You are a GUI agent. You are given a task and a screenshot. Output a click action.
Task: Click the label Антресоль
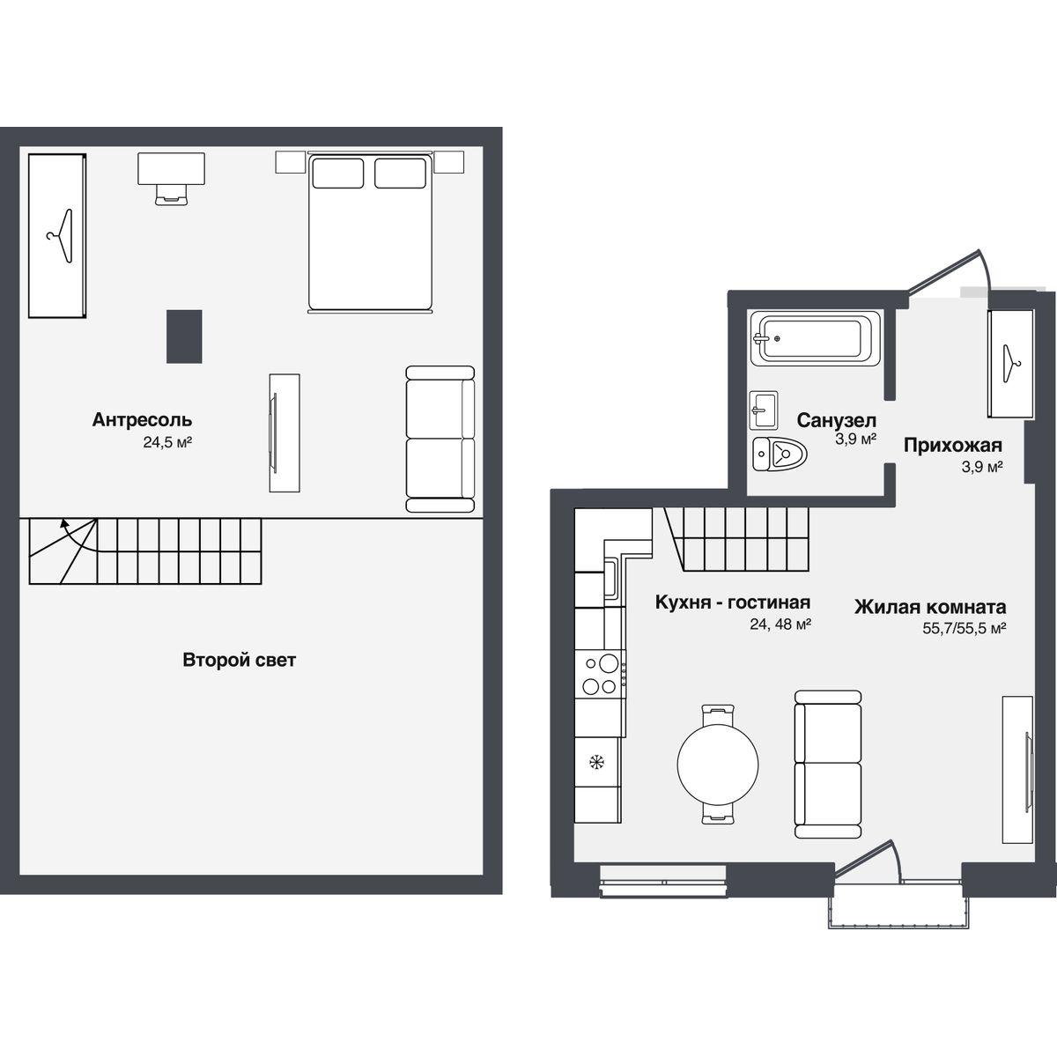point(142,420)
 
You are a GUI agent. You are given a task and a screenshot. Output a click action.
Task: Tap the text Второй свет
point(240,660)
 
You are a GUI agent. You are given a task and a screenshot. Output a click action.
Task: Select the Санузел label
point(836,420)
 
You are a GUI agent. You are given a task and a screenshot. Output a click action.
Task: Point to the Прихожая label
point(952,445)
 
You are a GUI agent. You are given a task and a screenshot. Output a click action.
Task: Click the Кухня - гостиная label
point(732,602)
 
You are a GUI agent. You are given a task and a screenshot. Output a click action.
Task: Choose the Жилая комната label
point(930,607)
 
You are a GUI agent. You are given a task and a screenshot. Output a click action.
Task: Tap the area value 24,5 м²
point(167,443)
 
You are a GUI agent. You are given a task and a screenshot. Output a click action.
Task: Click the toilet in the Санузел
point(780,456)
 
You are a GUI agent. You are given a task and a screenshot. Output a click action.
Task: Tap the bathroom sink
point(764,410)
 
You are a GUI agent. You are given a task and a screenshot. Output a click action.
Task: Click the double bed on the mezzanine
point(370,233)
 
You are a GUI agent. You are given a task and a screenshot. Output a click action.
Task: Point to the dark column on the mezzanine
point(184,336)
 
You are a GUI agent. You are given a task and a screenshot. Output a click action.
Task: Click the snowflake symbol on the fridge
point(596,762)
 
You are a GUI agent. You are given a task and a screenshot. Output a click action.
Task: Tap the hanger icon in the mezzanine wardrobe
point(60,236)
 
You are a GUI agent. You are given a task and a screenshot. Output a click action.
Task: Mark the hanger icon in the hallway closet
point(1010,361)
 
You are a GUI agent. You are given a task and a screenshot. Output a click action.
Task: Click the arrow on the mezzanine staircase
point(64,524)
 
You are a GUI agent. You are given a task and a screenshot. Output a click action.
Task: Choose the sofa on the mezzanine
point(440,439)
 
